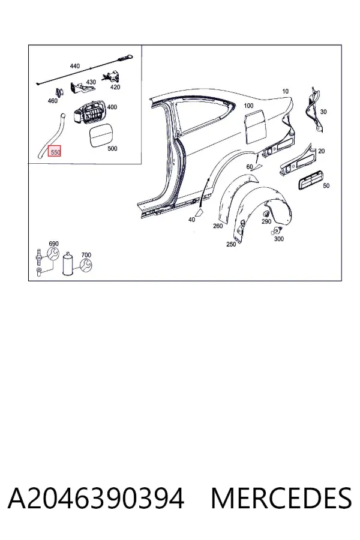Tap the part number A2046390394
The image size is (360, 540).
[96, 499]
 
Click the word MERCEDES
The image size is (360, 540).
[281, 499]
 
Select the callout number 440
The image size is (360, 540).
[75, 66]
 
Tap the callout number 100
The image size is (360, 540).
[248, 106]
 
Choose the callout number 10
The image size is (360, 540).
[285, 91]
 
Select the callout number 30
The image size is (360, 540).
[323, 112]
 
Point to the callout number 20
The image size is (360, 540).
[322, 151]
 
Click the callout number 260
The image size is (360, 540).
[218, 226]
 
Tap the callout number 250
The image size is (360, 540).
[231, 244]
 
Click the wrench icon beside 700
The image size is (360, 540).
[86, 265]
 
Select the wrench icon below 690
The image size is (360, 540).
[53, 254]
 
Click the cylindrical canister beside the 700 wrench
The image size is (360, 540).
[68, 263]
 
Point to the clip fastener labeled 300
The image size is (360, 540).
[275, 232]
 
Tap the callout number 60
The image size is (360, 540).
[250, 167]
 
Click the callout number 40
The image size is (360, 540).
[191, 220]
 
